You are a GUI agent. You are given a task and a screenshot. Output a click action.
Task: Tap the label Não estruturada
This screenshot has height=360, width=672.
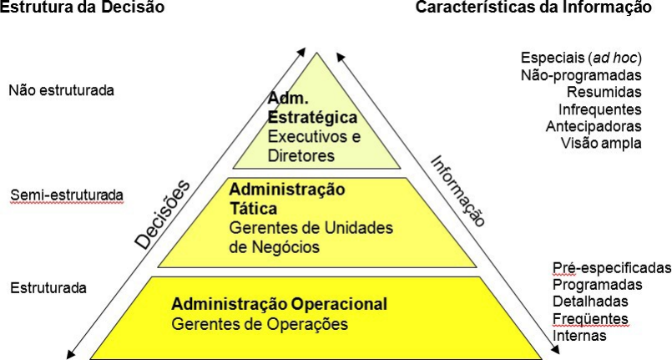click(61, 89)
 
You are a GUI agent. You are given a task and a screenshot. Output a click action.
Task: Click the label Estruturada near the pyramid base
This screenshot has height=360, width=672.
click(48, 288)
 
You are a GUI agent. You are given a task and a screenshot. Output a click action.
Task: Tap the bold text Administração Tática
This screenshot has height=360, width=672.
click(286, 198)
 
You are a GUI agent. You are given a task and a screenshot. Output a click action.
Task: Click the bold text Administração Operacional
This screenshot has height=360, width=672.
click(279, 303)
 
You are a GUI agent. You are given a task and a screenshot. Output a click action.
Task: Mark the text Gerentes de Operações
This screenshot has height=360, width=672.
click(260, 323)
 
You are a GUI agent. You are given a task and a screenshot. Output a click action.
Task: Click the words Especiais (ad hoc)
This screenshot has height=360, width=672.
click(580, 58)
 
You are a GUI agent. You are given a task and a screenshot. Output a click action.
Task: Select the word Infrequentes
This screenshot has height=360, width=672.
click(599, 109)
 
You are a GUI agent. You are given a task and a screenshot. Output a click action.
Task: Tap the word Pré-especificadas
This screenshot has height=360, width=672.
click(611, 268)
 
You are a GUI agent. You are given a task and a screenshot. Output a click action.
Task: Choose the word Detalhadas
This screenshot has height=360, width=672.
click(590, 302)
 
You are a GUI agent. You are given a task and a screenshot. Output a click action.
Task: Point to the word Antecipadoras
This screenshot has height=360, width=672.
click(594, 126)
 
